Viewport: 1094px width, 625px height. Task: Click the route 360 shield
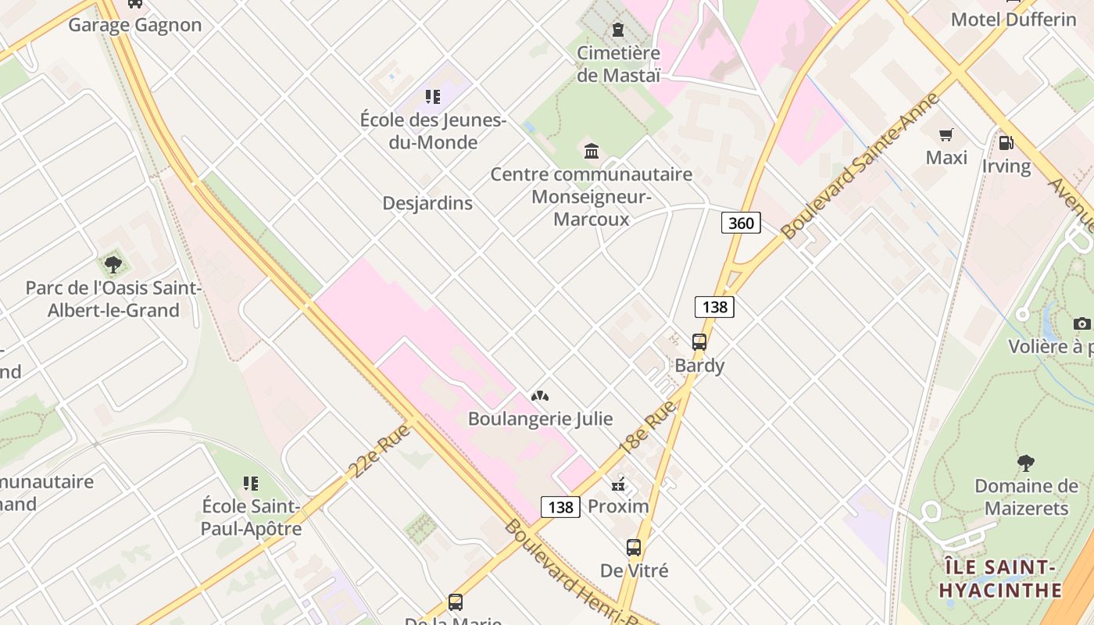(x=741, y=223)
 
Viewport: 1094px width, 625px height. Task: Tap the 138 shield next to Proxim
(x=561, y=507)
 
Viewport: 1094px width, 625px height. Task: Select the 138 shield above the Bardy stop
(x=714, y=307)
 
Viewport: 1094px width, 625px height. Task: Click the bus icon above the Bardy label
(x=699, y=341)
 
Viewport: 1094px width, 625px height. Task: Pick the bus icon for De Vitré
(x=634, y=548)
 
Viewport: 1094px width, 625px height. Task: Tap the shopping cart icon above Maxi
(x=946, y=135)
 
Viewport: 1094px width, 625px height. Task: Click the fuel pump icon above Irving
(x=1006, y=143)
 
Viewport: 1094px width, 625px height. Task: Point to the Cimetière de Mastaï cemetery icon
(x=618, y=30)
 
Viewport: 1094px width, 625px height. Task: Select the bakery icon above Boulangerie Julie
(x=539, y=396)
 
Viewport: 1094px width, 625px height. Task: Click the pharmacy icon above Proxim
(x=618, y=484)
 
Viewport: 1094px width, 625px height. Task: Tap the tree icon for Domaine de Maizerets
(x=1026, y=463)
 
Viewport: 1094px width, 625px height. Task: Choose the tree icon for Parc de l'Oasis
(x=113, y=265)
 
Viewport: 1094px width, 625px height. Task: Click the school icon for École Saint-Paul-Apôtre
(x=250, y=484)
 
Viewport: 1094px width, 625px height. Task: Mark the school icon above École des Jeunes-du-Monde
(x=433, y=97)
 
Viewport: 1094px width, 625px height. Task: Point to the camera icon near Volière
(x=1082, y=323)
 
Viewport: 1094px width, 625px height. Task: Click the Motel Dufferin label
(x=1014, y=20)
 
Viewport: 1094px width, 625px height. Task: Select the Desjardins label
(x=427, y=203)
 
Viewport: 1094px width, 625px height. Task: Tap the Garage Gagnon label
(x=135, y=25)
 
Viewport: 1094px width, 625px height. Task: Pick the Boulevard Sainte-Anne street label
(x=860, y=166)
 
